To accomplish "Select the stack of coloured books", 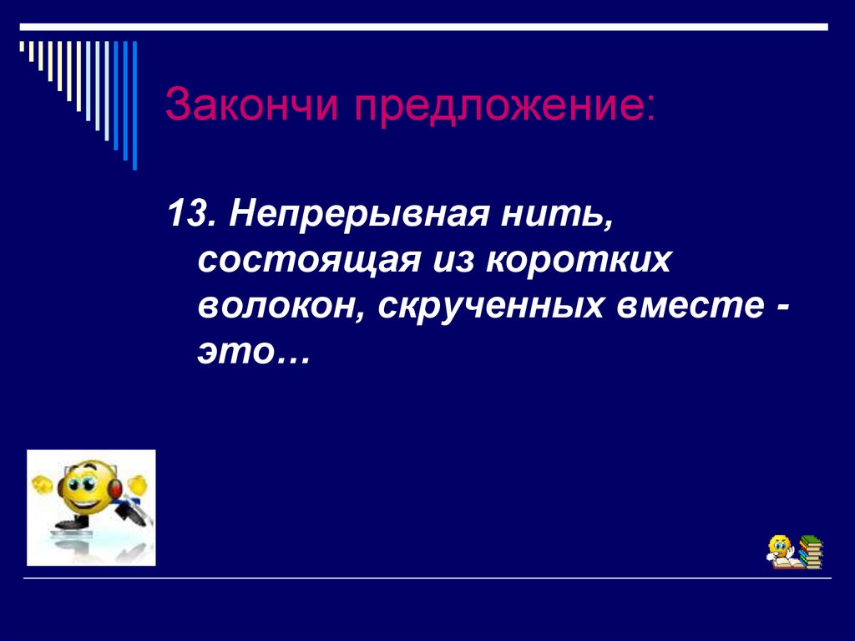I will (810, 552).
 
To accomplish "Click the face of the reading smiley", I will (780, 547).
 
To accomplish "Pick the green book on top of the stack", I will (810, 540).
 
